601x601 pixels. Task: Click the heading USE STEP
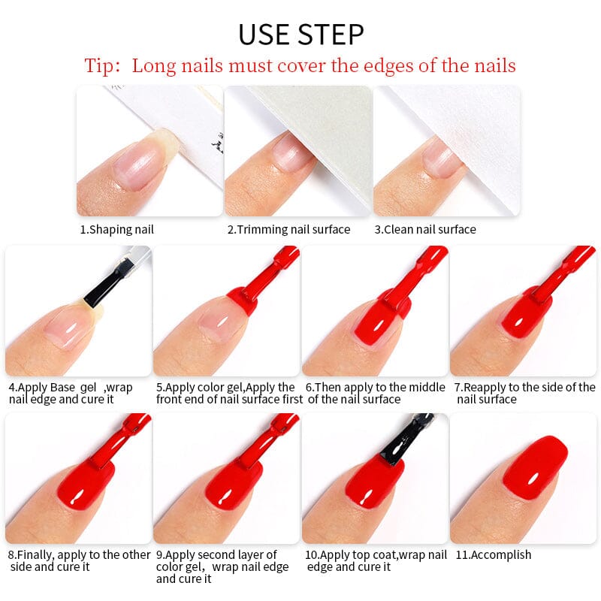[300, 35]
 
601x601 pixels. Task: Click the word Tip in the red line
[101, 65]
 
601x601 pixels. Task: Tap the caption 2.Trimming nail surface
[288, 229]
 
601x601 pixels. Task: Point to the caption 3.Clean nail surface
[425, 229]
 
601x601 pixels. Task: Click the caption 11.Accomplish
[493, 554]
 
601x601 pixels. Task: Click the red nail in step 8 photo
[86, 485]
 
